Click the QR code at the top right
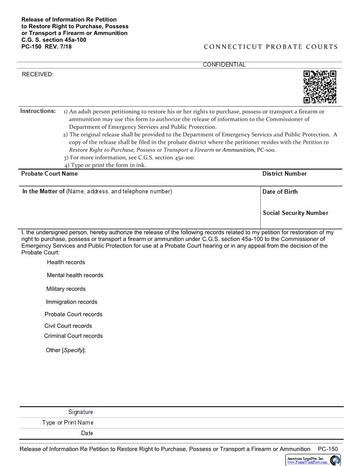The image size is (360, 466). point(319,86)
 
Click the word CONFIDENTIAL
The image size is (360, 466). point(224,65)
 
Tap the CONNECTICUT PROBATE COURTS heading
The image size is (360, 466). point(270,47)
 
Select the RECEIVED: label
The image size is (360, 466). point(37,75)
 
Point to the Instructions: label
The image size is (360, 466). point(38,111)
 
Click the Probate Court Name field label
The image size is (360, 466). point(49,174)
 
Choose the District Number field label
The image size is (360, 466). point(284,174)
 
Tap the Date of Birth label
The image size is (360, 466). point(280,192)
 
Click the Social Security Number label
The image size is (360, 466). point(295,213)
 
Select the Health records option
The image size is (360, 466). point(66,262)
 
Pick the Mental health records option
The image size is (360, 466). point(75,275)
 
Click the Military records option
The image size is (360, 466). point(66,289)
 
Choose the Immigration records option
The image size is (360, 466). point(71,302)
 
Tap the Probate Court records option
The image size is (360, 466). point(73,315)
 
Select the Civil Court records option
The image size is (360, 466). point(68,326)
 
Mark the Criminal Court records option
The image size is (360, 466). point(73,336)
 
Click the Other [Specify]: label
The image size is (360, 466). point(66,350)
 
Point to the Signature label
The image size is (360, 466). point(80,412)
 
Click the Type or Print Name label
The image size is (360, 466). point(67,423)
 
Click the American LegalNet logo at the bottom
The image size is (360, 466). point(313,460)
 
